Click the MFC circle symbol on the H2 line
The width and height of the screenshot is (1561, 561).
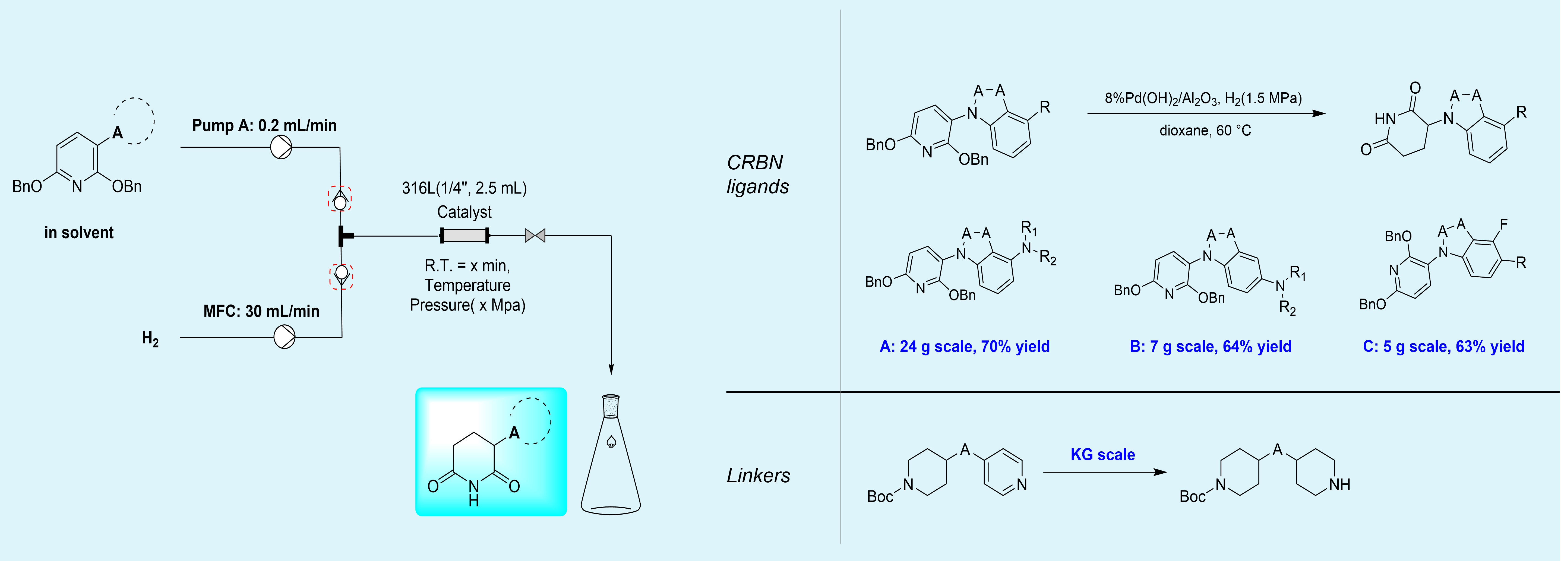(284, 337)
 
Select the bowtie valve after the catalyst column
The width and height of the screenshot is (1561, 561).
(535, 235)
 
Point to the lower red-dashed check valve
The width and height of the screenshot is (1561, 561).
(341, 276)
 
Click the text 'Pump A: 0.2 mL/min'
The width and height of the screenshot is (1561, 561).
(264, 125)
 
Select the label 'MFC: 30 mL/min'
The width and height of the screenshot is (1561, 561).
(261, 311)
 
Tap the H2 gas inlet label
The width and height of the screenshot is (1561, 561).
(150, 339)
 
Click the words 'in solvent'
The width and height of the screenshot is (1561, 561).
(79, 233)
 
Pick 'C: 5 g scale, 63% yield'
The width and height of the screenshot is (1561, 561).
(1443, 347)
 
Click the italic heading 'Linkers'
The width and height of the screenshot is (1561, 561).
(758, 476)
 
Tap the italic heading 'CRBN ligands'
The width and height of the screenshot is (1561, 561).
(757, 175)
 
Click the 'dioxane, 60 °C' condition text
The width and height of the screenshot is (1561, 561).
(1205, 130)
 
